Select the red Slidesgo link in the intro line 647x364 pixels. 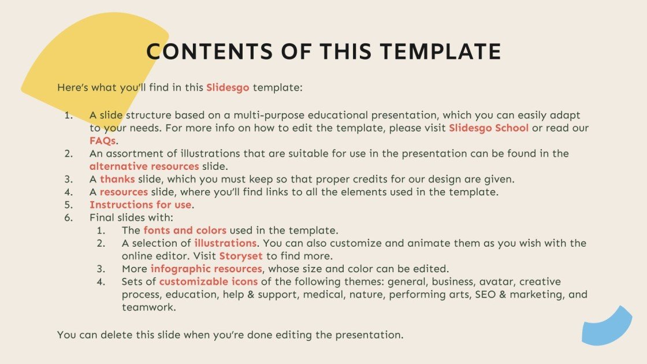point(228,88)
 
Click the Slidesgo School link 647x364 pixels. point(489,128)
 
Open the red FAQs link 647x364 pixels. point(103,140)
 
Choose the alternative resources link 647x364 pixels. point(144,166)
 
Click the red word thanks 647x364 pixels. point(117,179)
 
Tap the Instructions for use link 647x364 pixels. point(140,205)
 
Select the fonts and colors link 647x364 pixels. point(185,230)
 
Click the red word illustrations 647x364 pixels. point(225,243)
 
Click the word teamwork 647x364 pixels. point(147,307)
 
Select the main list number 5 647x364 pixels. point(69,205)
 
